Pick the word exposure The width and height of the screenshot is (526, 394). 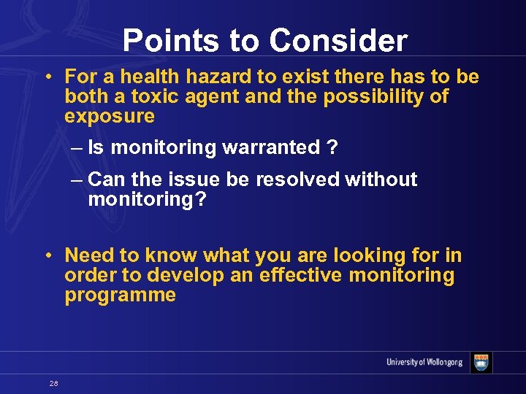[x=110, y=116]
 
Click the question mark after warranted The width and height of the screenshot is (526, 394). [x=332, y=148]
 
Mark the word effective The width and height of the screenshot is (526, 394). [x=300, y=275]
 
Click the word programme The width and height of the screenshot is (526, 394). [x=121, y=295]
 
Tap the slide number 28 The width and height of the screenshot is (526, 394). [x=54, y=383]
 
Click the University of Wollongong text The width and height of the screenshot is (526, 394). [x=424, y=363]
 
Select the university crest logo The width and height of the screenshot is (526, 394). [x=481, y=363]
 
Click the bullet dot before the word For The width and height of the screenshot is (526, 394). [x=47, y=77]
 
